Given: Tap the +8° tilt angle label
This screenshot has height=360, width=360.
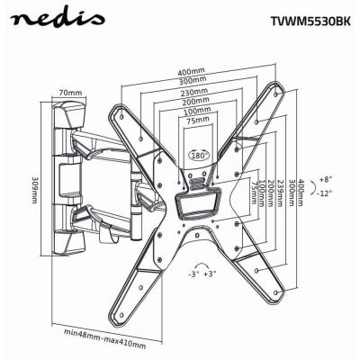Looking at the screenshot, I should (x=325, y=180).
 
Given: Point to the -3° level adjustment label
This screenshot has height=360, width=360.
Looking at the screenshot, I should (x=192, y=273).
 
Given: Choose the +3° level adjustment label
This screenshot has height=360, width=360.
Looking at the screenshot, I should (x=211, y=273).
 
